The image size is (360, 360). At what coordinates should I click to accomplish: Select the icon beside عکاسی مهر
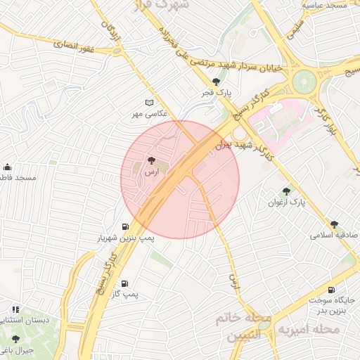point(148,103)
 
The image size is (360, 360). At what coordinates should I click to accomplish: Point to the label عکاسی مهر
point(148,114)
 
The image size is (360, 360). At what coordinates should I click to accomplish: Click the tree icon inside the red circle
point(152,161)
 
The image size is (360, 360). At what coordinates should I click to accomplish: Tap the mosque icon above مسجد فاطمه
point(7,167)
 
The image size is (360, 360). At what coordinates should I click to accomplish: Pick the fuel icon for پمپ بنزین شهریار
point(125,227)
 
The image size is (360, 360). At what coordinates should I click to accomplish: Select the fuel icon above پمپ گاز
point(125,284)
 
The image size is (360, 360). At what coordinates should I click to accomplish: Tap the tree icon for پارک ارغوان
point(286,191)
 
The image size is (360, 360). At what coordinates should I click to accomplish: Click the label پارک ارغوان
point(286,202)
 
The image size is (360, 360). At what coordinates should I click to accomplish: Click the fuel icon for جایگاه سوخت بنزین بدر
point(331,289)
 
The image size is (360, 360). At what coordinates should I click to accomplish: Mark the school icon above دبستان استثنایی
point(15,309)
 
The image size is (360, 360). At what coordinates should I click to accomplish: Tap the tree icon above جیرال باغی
point(15,339)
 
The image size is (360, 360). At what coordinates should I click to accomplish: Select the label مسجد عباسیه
point(325,6)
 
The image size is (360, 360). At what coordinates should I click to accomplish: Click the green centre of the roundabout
point(305,81)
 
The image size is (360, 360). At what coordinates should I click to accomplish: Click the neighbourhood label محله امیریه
point(309,329)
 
